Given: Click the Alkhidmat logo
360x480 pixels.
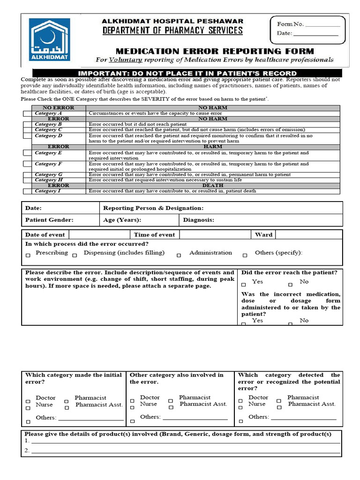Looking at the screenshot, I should point(50,40).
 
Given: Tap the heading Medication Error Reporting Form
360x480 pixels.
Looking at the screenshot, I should point(214,51).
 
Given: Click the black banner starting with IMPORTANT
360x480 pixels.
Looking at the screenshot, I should point(187,73).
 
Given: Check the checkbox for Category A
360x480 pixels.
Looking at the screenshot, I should point(26,114).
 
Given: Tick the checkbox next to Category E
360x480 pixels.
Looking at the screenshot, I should point(26,153).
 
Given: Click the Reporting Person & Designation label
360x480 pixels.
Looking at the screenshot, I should point(153,208).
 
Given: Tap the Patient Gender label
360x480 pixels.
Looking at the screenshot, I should point(49,220).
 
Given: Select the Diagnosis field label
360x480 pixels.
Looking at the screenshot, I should point(199,220).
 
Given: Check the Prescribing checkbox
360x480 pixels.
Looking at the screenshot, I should point(28,255).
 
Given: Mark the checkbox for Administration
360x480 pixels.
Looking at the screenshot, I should point(179,255).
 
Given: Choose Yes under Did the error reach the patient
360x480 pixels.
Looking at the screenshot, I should point(244,284).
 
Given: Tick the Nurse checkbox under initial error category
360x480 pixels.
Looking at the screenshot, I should point(28,408).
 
